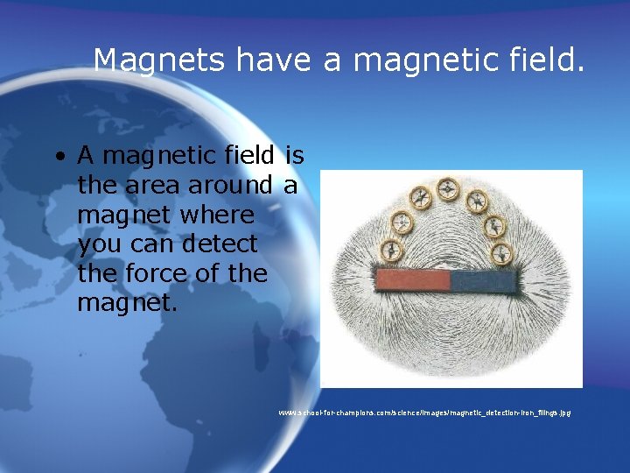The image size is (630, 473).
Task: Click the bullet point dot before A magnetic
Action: pyautogui.click(x=58, y=158)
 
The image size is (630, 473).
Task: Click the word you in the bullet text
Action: pyautogui.click(x=98, y=244)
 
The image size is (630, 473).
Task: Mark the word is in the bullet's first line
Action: pyautogui.click(x=294, y=156)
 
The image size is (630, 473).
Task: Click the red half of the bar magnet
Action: pyautogui.click(x=412, y=280)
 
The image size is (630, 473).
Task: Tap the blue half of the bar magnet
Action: pyautogui.click(x=483, y=280)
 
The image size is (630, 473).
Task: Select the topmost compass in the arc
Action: pyautogui.click(x=449, y=187)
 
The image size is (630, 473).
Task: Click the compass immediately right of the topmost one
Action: pyautogui.click(x=477, y=200)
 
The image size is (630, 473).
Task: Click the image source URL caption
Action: pyautogui.click(x=424, y=412)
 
